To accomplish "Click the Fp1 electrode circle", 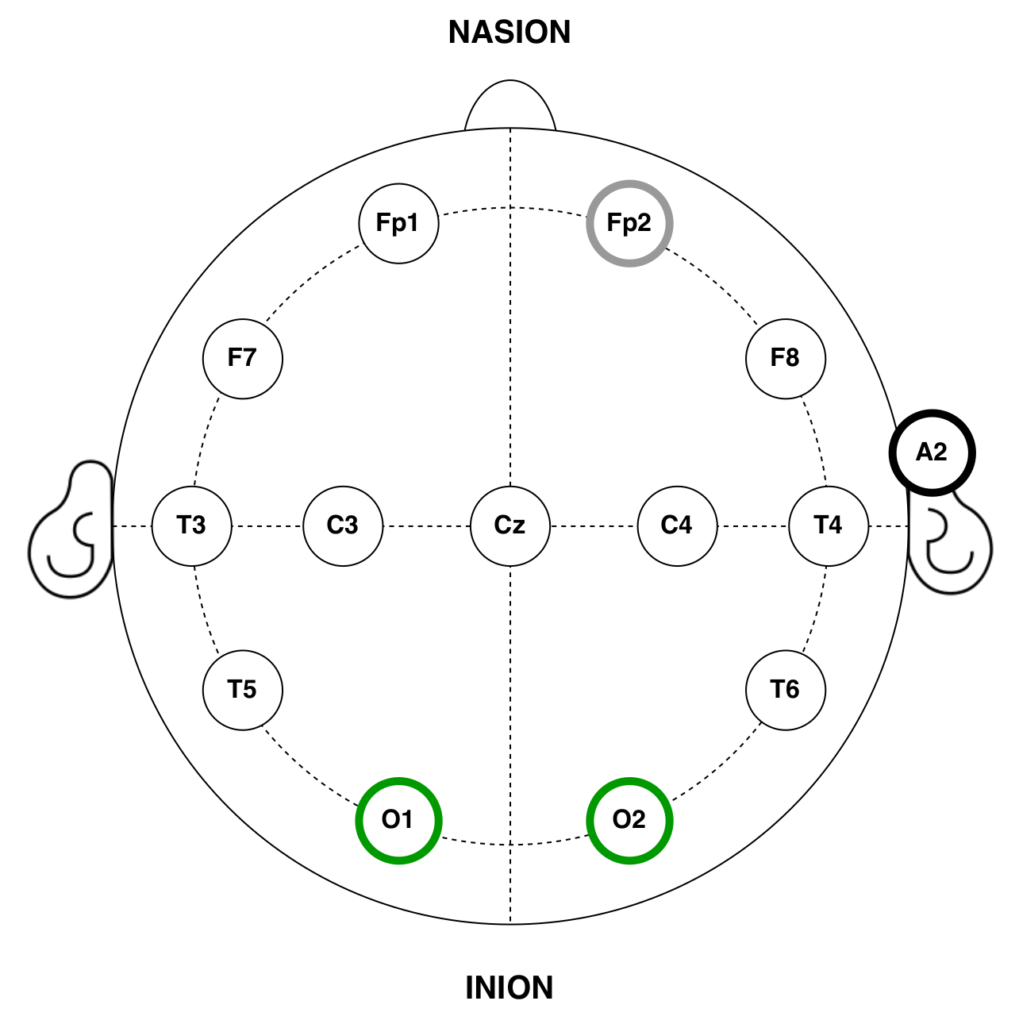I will (x=398, y=223).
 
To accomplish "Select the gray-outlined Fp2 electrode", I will (x=629, y=223).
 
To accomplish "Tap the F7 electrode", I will (x=243, y=358).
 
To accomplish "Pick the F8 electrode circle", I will (x=786, y=358).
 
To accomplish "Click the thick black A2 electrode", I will (x=932, y=452).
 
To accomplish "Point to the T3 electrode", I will (x=192, y=525).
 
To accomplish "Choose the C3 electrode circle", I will (x=343, y=525).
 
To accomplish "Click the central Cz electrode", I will (x=510, y=525).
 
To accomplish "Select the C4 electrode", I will (x=677, y=525).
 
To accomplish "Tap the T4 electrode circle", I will (x=829, y=525).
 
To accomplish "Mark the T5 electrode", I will (x=243, y=690).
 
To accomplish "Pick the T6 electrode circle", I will (x=786, y=690).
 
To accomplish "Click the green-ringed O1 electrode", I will (x=398, y=820).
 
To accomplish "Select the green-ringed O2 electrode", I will (x=629, y=820).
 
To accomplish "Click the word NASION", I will (x=509, y=33).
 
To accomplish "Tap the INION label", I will (x=509, y=988).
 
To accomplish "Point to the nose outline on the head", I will (x=509, y=103).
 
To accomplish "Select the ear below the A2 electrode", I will (x=952, y=548).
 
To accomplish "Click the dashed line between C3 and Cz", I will (x=427, y=525).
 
